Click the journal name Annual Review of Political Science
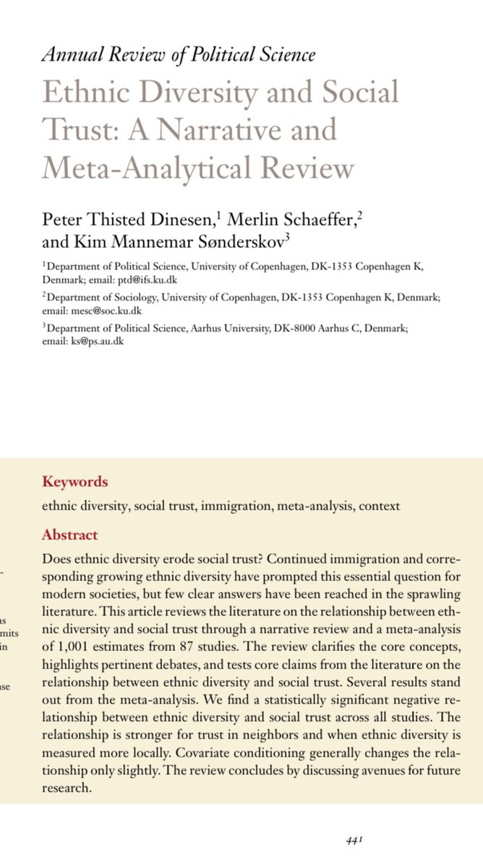click(179, 54)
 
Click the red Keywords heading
click(75, 481)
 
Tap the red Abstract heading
click(70, 535)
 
